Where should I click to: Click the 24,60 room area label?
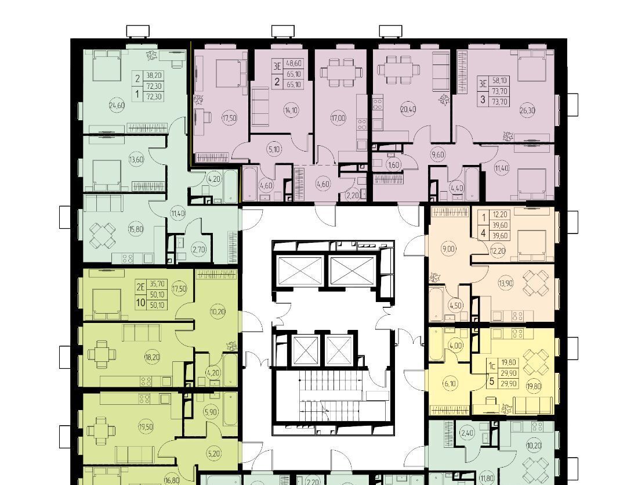tap(117, 106)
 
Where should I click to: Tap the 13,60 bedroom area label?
tap(136, 159)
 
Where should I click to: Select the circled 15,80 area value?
tap(136, 229)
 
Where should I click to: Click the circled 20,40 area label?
tap(408, 109)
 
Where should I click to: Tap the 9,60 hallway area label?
tap(438, 155)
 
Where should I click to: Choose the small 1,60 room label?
tap(394, 164)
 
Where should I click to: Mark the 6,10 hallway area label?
tap(450, 383)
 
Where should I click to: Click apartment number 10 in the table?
tap(140, 302)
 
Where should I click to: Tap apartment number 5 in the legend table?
tap(492, 381)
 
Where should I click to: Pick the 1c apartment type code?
tap(492, 365)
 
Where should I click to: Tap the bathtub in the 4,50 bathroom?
tap(437, 304)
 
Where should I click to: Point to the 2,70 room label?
tap(199, 250)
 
